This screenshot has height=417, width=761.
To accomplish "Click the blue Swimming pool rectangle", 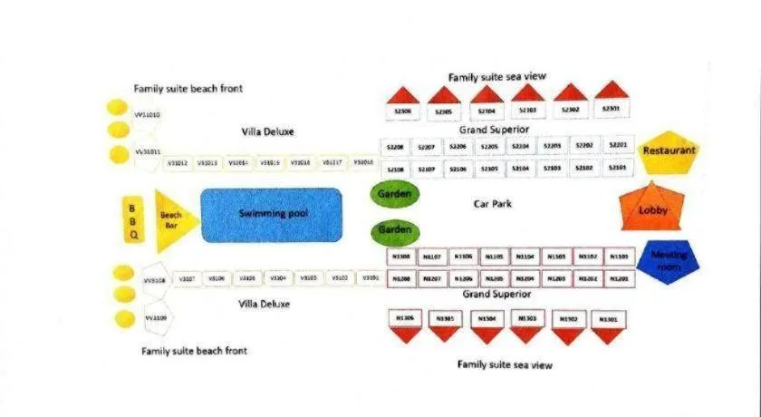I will [271, 215].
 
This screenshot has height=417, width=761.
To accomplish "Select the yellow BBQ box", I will [133, 220].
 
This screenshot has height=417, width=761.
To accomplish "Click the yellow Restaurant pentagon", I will [669, 151].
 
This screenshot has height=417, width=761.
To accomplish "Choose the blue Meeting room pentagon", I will [668, 261].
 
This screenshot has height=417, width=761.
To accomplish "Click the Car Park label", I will [493, 204].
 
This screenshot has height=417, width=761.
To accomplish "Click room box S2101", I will [617, 169].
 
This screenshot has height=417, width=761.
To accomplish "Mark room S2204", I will [520, 146].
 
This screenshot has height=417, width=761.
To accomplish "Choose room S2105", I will [489, 169].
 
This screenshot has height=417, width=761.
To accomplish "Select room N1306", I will [405, 318].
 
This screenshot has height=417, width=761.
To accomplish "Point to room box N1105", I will [494, 257].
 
